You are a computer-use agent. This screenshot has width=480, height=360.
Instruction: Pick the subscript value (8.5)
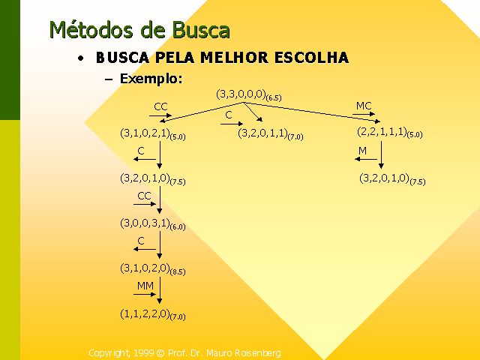tap(178, 272)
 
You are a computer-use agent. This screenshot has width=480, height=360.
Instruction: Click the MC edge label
tap(364, 106)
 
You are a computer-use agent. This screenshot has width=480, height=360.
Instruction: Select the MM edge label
tap(145, 286)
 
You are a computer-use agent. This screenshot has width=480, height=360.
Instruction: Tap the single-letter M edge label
tap(362, 151)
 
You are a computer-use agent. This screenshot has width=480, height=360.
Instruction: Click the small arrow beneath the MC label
tap(364, 115)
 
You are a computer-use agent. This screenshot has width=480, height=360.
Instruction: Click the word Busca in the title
tap(201, 30)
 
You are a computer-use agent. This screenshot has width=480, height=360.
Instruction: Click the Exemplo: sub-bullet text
tap(151, 78)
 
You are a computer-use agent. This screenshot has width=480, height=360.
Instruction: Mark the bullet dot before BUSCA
tap(80, 58)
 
